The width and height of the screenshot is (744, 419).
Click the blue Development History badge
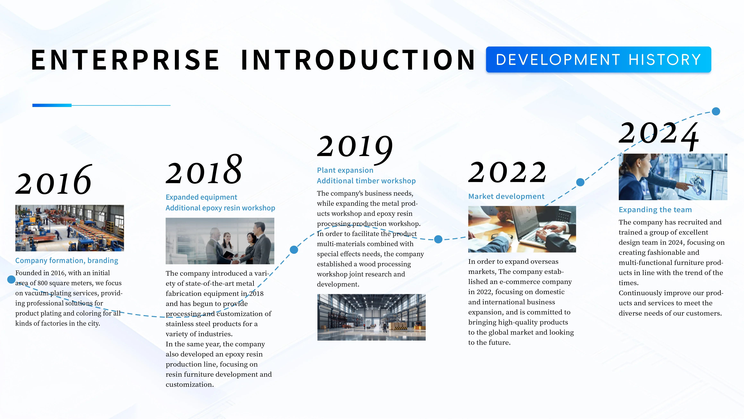click(599, 59)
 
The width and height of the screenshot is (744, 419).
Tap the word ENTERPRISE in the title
click(125, 60)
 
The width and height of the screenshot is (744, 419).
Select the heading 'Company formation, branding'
click(67, 260)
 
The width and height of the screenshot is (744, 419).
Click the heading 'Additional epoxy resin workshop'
click(220, 208)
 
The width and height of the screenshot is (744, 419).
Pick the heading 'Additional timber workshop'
click(366, 181)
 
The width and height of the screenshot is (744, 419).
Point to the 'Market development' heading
click(506, 196)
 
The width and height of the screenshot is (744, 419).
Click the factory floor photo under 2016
click(70, 228)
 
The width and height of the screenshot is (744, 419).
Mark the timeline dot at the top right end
click(716, 111)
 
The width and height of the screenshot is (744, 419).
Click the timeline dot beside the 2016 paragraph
click(11, 279)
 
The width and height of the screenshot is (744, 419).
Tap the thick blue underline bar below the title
click(52, 105)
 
